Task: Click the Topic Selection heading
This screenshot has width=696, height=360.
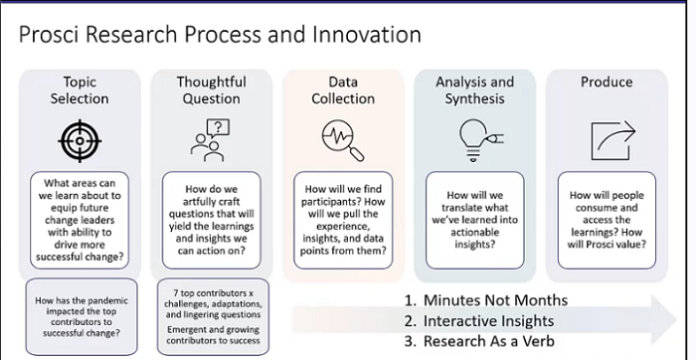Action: pyautogui.click(x=80, y=90)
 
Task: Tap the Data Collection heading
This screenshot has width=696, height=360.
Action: pyautogui.click(x=343, y=90)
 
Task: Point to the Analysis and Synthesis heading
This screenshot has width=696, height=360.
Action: pyautogui.click(x=475, y=90)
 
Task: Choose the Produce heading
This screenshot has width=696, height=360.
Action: pyautogui.click(x=607, y=83)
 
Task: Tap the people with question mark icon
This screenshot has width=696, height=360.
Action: pyautogui.click(x=211, y=138)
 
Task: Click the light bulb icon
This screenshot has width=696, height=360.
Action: pyautogui.click(x=473, y=138)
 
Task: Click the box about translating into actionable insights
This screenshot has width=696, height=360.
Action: pyautogui.click(x=475, y=217)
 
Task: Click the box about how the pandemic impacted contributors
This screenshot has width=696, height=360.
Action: pyautogui.click(x=80, y=316)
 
